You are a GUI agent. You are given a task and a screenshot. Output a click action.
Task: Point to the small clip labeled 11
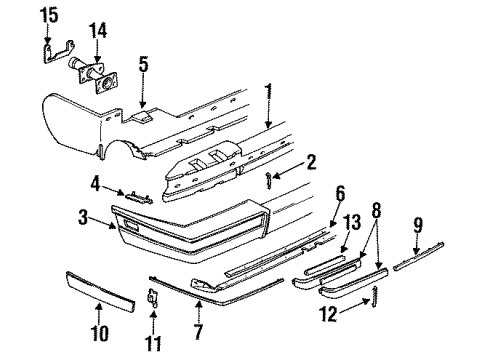(152, 296)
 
